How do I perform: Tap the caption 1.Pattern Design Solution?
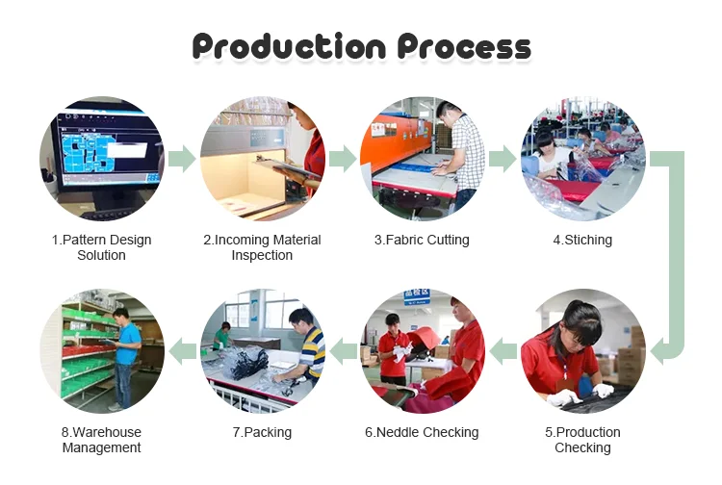(x=101, y=247)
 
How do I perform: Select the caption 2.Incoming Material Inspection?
(x=262, y=247)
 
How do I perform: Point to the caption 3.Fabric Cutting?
(x=422, y=240)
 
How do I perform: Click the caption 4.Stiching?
(x=581, y=240)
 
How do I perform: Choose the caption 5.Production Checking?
(x=582, y=440)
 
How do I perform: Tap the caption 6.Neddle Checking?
(x=422, y=432)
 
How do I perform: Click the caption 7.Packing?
(x=262, y=432)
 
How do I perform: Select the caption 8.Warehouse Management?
(x=101, y=440)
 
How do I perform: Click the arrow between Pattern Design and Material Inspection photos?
(x=182, y=159)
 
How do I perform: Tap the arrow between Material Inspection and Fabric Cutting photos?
(x=343, y=159)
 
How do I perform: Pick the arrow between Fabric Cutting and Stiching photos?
(x=503, y=159)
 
